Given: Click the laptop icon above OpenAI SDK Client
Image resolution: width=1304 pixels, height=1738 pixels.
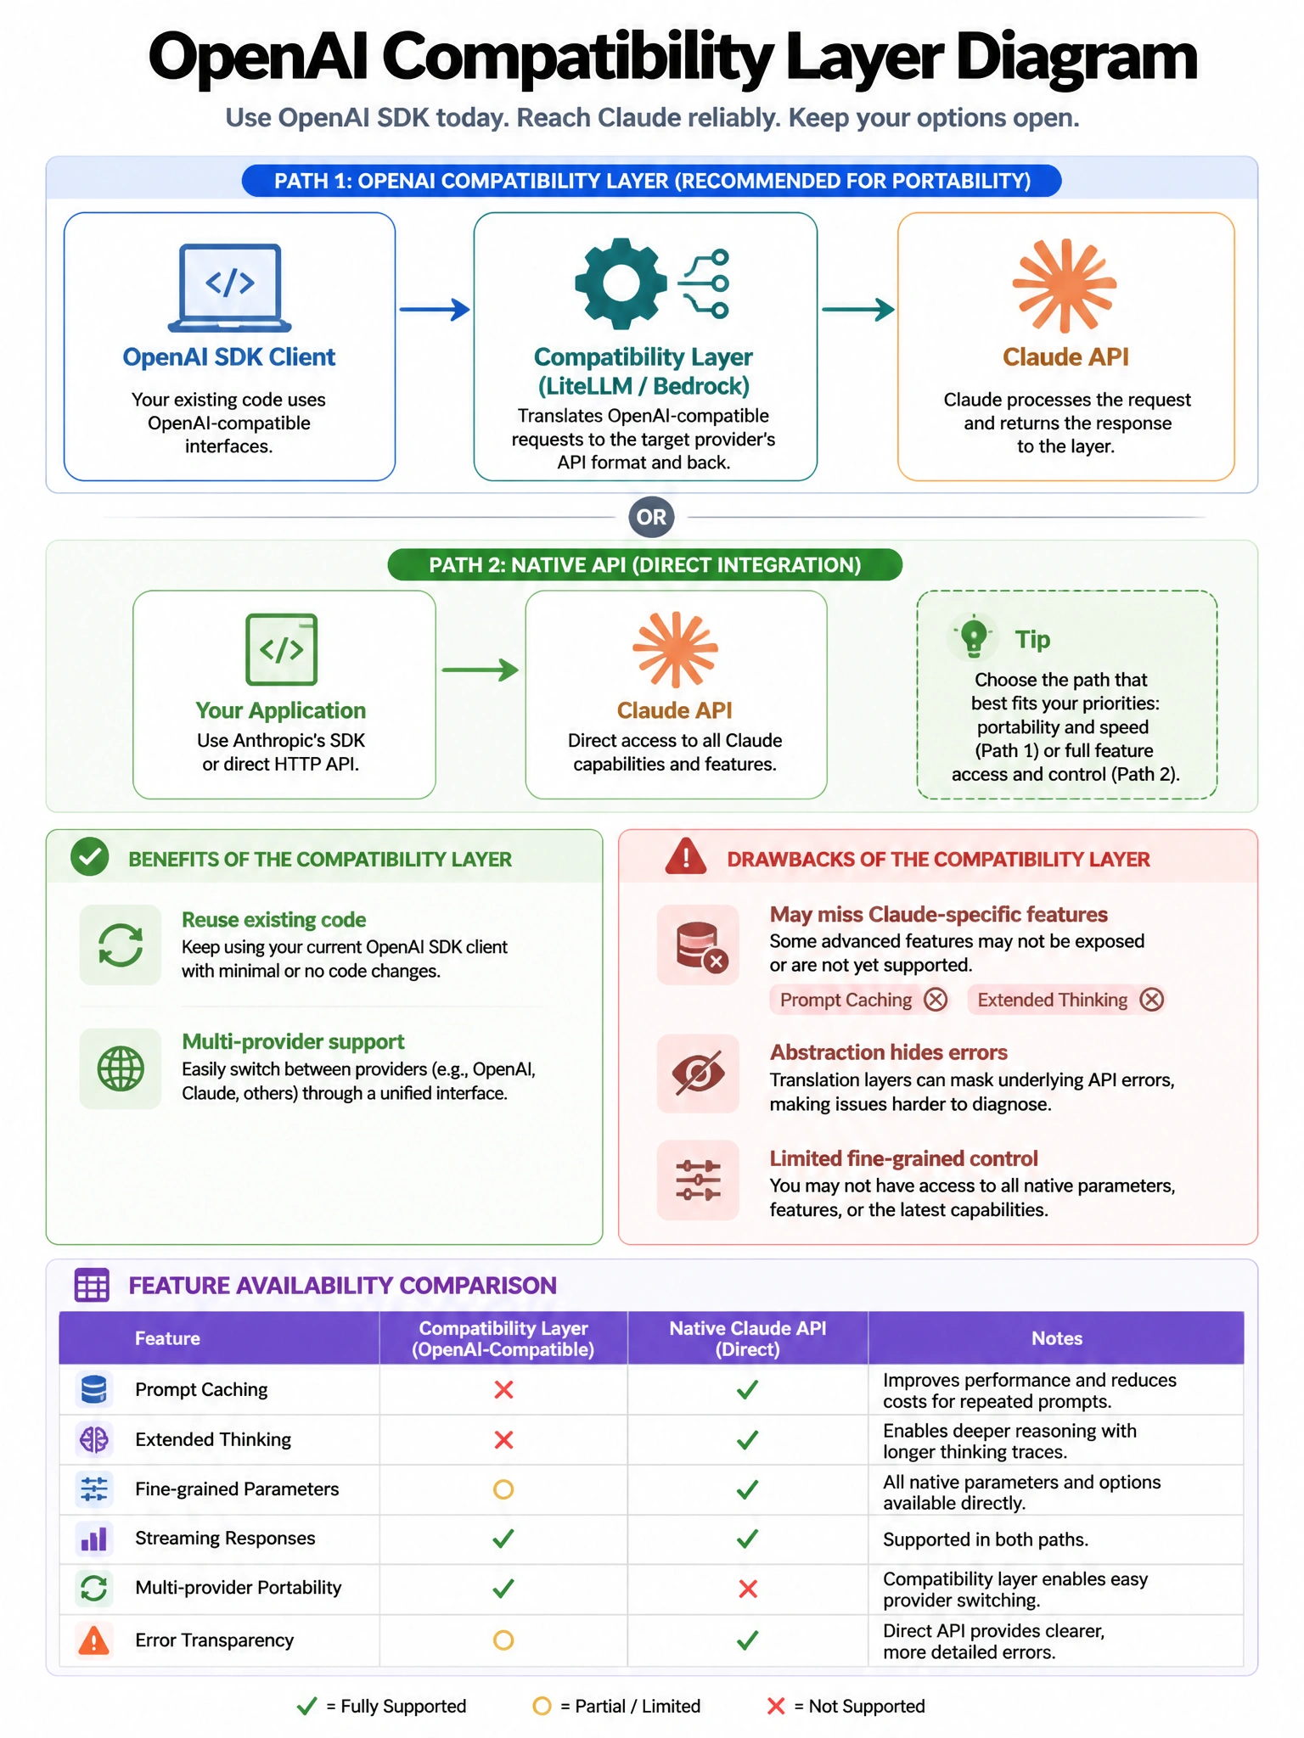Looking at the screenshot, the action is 229,288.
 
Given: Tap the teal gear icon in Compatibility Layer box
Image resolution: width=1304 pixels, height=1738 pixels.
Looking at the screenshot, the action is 621,283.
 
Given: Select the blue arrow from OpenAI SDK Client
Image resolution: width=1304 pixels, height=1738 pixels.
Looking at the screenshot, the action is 435,309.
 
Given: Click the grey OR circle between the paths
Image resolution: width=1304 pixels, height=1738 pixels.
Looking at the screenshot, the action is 651,517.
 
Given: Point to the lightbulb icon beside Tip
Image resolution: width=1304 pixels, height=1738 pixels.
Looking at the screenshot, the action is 974,636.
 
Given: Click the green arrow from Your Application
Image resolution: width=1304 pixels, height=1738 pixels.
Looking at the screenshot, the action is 480,670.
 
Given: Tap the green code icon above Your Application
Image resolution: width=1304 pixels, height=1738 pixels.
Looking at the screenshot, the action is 281,649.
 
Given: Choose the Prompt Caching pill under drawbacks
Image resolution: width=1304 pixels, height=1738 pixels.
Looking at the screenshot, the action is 859,1000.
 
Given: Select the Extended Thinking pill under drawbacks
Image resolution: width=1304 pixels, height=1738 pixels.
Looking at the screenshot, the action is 1066,1000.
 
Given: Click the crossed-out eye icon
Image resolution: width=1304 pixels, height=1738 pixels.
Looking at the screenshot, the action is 698,1074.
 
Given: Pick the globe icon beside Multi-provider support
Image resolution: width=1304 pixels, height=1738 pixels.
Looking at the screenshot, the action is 121,1068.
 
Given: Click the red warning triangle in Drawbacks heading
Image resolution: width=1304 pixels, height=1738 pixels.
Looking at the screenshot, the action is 686,856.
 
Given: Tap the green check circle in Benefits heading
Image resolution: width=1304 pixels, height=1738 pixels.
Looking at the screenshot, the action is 90,857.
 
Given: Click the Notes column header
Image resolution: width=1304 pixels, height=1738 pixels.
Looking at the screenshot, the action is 1056,1338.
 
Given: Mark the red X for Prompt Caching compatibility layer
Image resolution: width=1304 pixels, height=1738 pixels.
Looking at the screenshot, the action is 503,1389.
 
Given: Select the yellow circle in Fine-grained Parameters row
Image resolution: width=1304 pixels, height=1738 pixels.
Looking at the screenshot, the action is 503,1489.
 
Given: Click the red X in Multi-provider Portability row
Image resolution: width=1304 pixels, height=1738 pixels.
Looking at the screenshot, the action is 748,1589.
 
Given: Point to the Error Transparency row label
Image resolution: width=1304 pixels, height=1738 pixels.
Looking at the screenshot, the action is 214,1640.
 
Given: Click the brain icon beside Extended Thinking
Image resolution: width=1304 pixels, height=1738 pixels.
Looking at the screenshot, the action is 93,1439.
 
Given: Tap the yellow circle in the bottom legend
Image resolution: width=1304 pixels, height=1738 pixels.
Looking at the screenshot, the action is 542,1706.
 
